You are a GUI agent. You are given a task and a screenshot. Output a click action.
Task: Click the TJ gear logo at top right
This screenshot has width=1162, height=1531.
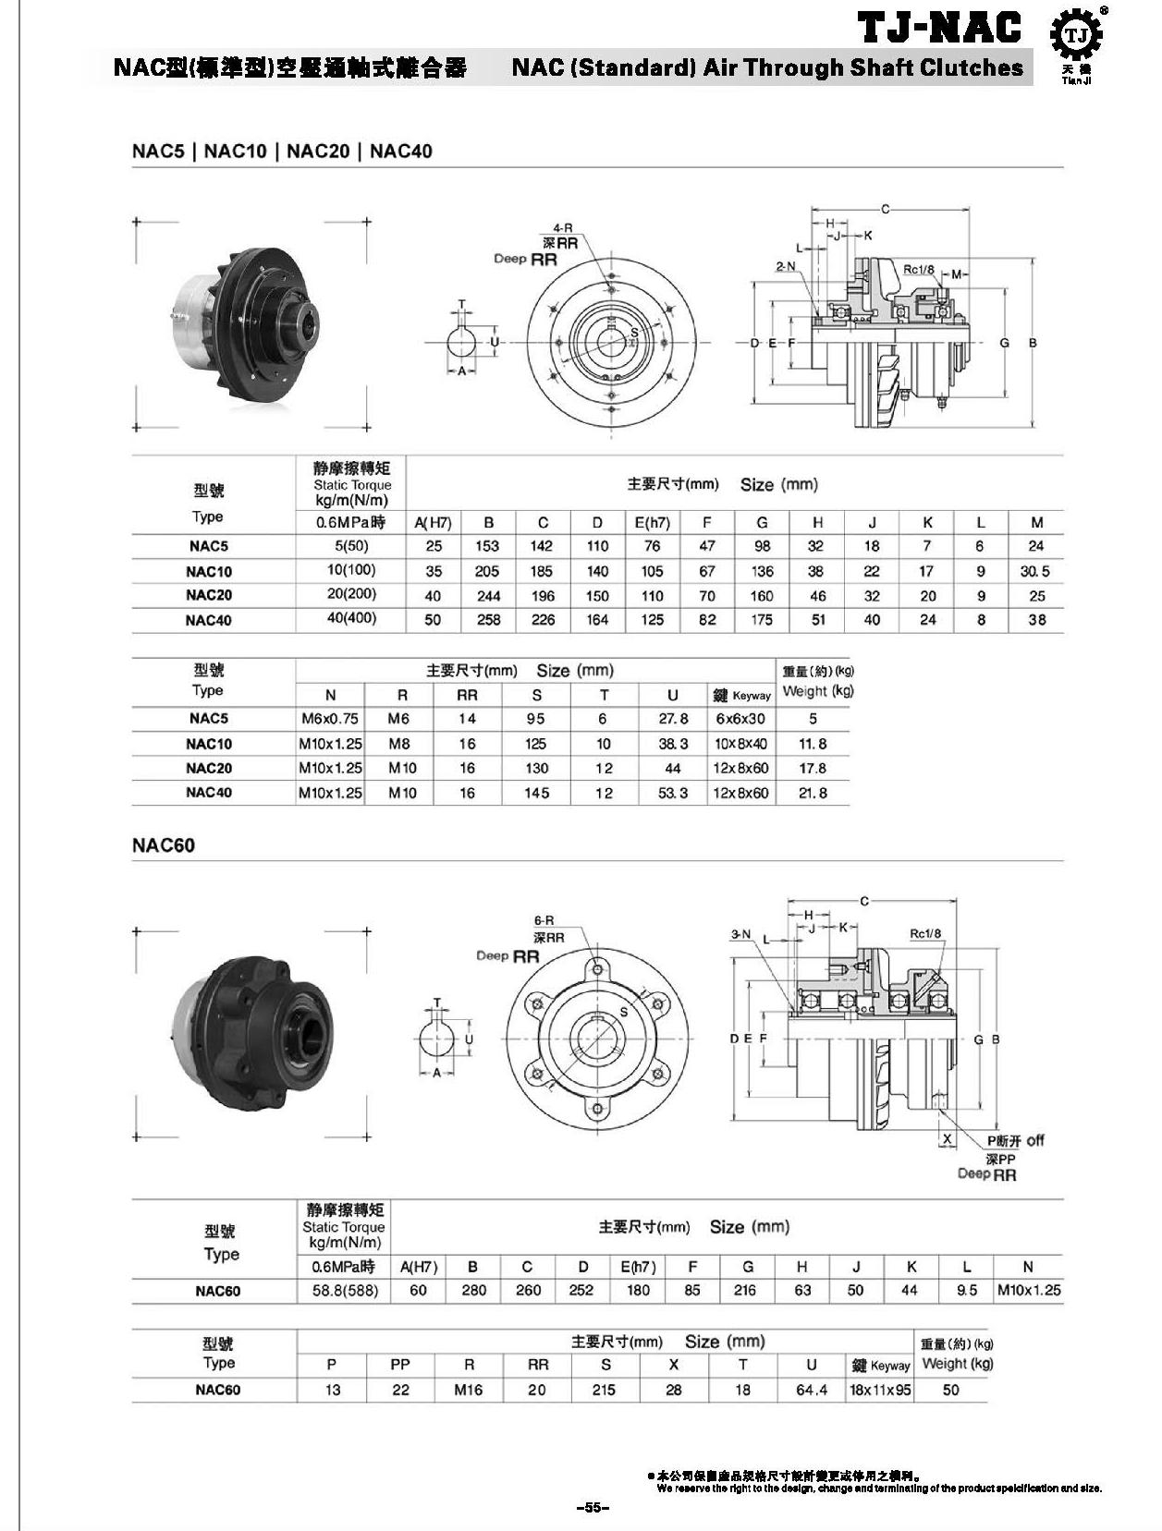[1076, 36]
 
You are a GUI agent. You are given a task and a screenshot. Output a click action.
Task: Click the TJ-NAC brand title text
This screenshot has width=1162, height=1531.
[941, 28]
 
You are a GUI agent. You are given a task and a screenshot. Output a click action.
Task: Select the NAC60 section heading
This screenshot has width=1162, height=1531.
[164, 845]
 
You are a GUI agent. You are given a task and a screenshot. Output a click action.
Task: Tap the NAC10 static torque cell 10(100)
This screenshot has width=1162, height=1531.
[351, 570]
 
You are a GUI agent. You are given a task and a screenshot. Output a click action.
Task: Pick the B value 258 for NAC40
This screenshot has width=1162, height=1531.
[488, 620]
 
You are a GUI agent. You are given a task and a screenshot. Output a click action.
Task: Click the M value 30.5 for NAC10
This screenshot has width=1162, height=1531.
[1035, 571]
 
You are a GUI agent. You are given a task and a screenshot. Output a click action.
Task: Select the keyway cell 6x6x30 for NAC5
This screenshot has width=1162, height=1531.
[740, 718]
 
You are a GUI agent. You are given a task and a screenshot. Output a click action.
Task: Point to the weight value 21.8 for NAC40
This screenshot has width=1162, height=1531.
[813, 793]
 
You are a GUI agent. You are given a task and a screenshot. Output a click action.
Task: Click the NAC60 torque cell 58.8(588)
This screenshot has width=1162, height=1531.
[345, 1291]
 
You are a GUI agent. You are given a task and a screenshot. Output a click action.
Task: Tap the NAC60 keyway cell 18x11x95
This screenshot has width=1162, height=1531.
[879, 1390]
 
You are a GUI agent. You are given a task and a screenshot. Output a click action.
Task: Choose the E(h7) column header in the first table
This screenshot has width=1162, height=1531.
[652, 522]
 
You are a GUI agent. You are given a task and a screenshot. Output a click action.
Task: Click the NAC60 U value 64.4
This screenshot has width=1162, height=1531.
[812, 1390]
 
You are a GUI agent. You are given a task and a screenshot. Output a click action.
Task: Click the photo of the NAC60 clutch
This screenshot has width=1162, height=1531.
[251, 1033]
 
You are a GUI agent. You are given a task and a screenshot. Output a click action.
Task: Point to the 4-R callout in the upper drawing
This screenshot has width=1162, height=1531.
[562, 227]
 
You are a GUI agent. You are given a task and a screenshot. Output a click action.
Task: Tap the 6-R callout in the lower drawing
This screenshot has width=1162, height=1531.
[544, 920]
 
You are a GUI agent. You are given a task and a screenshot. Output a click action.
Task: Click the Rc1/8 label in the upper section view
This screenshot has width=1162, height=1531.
[918, 270]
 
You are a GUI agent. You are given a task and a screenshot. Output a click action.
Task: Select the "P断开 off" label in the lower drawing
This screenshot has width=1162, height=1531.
[1015, 1140]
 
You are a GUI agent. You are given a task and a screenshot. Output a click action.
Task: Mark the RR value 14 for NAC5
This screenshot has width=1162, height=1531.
[468, 718]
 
